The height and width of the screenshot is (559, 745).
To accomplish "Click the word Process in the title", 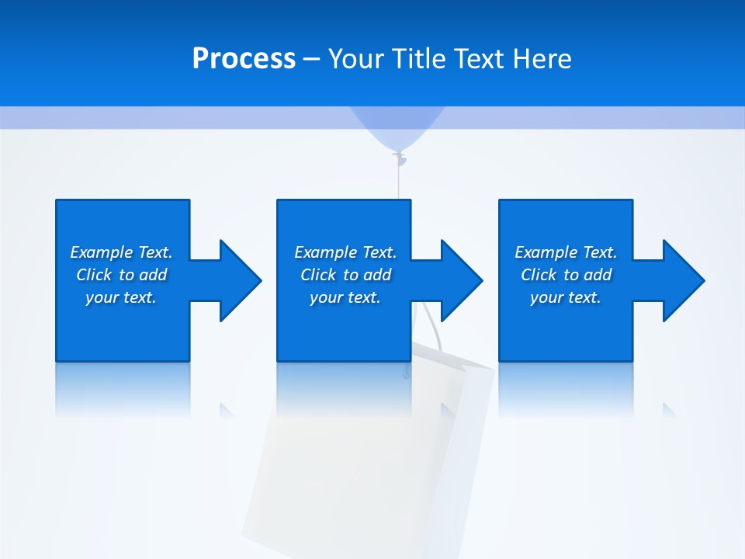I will click(x=244, y=59).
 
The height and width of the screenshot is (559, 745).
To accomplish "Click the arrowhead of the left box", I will click(x=240, y=280).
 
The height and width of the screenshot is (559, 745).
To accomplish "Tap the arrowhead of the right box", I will click(x=683, y=280).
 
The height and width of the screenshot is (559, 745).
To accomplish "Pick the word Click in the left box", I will click(x=95, y=275).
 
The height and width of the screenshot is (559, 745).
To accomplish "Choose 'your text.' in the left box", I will click(x=121, y=297).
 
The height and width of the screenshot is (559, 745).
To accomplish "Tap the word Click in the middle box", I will click(x=319, y=275).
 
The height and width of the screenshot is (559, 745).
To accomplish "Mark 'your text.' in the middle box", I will click(x=345, y=297).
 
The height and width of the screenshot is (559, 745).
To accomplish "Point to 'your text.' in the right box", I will click(x=566, y=297).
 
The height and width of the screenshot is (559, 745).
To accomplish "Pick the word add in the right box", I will click(x=598, y=275).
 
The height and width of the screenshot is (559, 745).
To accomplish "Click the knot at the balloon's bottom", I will click(x=399, y=158).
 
